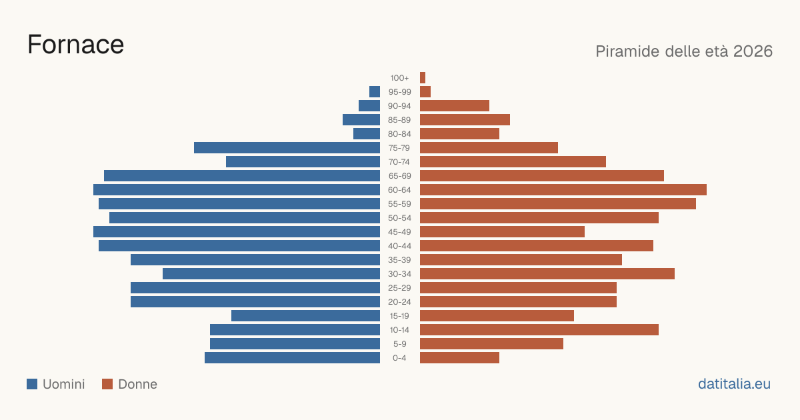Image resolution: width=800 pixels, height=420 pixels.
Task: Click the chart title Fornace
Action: (x=76, y=45)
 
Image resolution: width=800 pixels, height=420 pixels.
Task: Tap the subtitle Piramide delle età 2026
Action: (x=684, y=51)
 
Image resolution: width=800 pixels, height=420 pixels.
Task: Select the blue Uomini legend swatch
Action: (x=32, y=384)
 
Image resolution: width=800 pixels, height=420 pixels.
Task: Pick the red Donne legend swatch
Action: (x=107, y=384)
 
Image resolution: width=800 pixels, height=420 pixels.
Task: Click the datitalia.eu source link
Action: (x=734, y=384)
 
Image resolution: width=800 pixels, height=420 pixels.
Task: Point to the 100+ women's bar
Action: (x=423, y=77)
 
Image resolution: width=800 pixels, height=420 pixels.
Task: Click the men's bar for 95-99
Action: (x=375, y=91)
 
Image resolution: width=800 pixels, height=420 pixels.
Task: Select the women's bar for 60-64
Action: (x=563, y=189)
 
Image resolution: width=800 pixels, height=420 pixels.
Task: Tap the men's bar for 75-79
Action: (x=287, y=147)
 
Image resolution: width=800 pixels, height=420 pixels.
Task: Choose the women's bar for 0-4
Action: (x=459, y=357)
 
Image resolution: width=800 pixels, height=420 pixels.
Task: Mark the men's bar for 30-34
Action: (x=271, y=273)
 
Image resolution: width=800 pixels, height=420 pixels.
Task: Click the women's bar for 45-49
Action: (x=502, y=231)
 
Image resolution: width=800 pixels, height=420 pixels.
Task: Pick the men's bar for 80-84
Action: (x=367, y=133)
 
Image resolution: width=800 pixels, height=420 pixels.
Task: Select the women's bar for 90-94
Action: (x=455, y=106)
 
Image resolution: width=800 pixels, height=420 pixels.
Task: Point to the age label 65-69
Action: (x=399, y=176)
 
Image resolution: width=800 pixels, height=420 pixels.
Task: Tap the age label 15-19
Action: (x=399, y=316)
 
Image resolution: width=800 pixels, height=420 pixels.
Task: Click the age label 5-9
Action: (x=399, y=343)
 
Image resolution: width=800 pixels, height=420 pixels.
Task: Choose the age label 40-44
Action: (x=399, y=246)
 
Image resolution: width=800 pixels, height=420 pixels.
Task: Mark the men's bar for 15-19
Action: (x=306, y=316)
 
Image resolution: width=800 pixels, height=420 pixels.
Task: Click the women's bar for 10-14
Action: (x=539, y=329)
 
